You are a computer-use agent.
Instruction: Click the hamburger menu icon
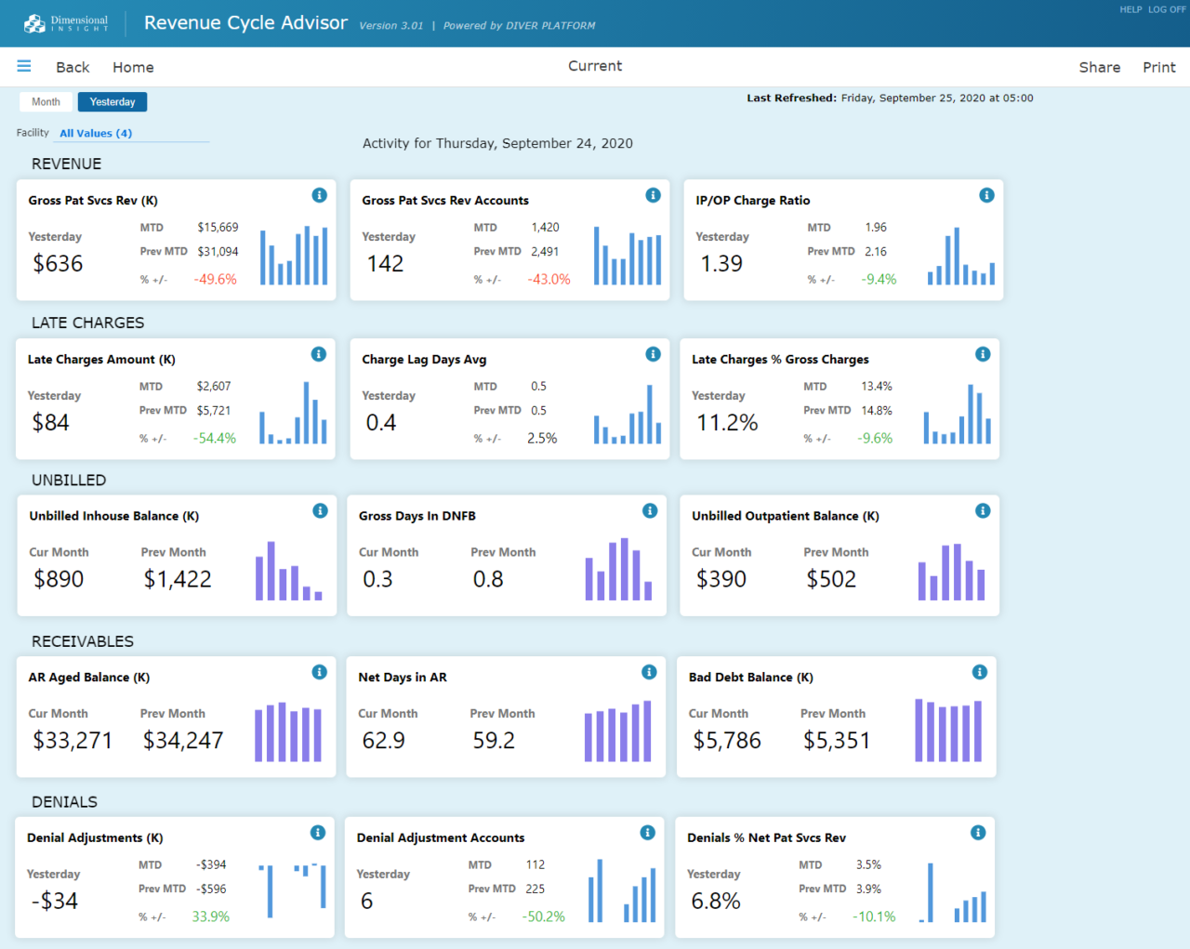24,66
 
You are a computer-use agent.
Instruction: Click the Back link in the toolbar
73,67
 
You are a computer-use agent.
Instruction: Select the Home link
133,67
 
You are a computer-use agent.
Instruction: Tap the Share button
1099,67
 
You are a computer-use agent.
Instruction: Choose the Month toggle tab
46,102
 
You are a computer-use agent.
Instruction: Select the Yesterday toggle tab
112,102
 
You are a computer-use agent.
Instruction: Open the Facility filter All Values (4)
96,133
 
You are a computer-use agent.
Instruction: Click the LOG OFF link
1167,9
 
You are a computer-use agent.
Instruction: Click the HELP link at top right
1130,9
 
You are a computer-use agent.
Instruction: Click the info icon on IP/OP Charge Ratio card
986,195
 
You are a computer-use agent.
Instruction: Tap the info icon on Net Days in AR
649,672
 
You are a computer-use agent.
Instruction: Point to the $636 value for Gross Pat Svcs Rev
58,264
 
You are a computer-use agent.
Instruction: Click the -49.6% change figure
215,280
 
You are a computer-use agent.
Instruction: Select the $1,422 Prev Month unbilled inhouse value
178,579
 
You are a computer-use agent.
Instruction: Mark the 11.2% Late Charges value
727,423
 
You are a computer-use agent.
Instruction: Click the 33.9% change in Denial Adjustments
210,916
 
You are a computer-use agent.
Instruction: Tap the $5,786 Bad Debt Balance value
726,741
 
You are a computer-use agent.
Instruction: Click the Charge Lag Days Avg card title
424,360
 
